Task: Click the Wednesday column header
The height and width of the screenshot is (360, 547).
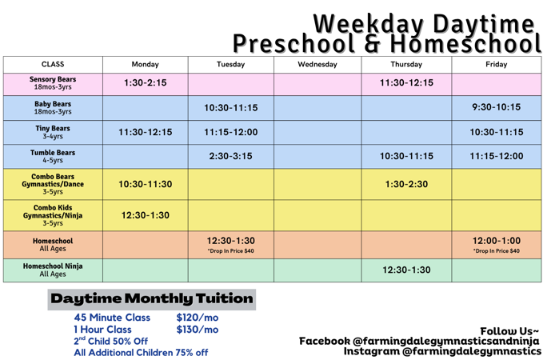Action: click(x=317, y=64)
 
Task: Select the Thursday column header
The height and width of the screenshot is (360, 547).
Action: click(x=406, y=64)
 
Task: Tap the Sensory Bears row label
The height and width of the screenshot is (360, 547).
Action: click(x=53, y=83)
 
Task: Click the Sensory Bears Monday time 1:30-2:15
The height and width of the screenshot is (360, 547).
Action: click(x=145, y=82)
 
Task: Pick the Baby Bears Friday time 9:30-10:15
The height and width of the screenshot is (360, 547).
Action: click(x=496, y=107)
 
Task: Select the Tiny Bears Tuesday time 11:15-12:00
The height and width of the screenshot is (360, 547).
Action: click(x=230, y=132)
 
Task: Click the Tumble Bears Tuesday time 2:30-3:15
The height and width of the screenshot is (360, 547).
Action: click(x=230, y=156)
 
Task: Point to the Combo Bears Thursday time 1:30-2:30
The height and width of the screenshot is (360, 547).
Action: click(x=406, y=184)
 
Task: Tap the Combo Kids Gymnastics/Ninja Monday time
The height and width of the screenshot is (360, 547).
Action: click(x=145, y=215)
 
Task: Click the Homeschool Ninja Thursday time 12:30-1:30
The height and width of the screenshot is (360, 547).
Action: click(x=406, y=270)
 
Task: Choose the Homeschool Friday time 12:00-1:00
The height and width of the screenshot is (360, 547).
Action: click(x=496, y=241)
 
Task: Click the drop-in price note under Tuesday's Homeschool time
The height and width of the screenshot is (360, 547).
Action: click(x=230, y=251)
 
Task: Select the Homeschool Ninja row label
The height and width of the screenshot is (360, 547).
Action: click(x=53, y=270)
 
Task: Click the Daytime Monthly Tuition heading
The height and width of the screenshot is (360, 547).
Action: click(x=152, y=299)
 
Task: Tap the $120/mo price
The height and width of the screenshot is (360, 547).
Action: click(x=197, y=318)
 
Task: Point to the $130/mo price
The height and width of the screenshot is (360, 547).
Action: click(x=197, y=330)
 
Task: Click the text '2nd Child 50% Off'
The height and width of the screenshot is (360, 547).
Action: click(x=110, y=341)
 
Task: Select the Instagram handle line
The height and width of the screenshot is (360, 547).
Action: click(x=442, y=351)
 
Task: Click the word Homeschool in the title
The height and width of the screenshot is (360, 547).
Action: click(x=465, y=44)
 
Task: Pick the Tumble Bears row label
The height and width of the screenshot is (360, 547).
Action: click(x=53, y=156)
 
